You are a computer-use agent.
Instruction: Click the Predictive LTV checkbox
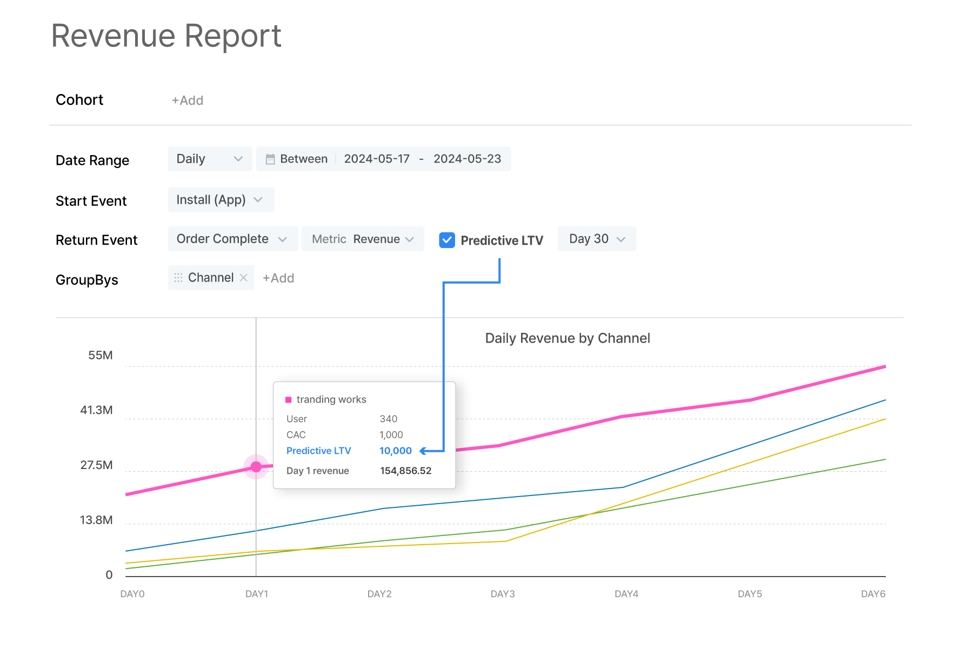pos(447,240)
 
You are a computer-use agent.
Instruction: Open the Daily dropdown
pos(209,159)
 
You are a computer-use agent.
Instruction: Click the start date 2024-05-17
pos(377,159)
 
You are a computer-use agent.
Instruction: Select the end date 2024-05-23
pos(467,159)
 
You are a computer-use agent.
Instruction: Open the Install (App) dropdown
pos(221,200)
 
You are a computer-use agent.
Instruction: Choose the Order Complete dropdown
pos(232,239)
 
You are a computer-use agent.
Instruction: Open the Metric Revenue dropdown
pos(363,239)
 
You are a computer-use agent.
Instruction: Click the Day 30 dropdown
pos(597,239)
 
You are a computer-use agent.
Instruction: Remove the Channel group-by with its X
pos(244,278)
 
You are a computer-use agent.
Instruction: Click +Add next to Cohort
pos(187,101)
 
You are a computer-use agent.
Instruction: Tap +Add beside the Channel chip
pos(278,278)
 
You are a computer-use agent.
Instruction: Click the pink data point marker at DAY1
pos(256,466)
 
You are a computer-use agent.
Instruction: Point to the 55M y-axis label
pos(101,355)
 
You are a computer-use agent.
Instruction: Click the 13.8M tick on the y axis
pos(96,520)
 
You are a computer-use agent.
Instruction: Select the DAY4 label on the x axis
pos(626,594)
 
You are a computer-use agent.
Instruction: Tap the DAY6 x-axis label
pos(873,594)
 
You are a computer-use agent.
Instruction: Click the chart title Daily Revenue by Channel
pos(568,338)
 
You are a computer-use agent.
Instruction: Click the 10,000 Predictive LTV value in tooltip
pos(395,451)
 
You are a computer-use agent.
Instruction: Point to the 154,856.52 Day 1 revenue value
pos(405,471)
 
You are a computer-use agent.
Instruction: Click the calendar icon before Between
pos(270,159)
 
